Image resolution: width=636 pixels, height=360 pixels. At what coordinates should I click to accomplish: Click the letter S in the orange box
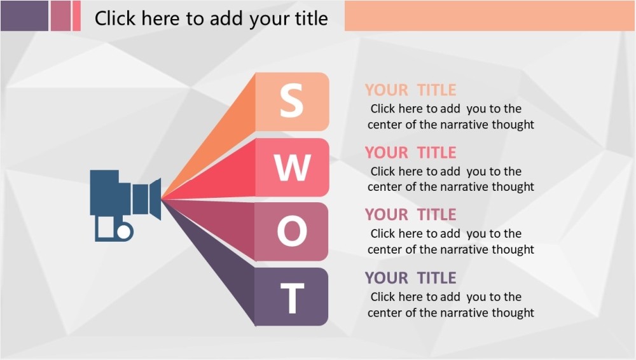click(x=291, y=101)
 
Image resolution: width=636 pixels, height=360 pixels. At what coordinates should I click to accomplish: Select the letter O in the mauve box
click(x=292, y=232)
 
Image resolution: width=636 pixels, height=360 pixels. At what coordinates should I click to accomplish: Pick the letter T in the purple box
click(x=292, y=298)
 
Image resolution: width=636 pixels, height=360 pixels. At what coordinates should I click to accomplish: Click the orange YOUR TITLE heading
click(x=410, y=90)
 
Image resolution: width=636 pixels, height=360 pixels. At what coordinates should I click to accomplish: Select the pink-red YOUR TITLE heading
click(x=410, y=153)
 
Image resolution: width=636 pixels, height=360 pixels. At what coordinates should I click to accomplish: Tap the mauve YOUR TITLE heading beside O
click(x=410, y=214)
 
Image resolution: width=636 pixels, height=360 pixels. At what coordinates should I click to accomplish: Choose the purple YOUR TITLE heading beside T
click(x=410, y=278)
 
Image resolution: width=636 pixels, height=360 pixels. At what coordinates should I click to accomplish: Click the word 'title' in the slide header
click(x=310, y=18)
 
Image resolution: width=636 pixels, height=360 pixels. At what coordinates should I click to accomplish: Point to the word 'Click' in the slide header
click(x=116, y=18)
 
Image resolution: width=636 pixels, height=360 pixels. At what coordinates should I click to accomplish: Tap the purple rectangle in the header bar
click(x=24, y=15)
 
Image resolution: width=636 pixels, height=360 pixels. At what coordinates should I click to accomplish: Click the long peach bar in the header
click(x=489, y=15)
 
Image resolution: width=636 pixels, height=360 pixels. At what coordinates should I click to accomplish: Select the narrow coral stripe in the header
click(x=77, y=15)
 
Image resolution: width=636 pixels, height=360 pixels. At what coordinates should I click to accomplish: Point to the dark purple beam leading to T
click(x=223, y=261)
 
